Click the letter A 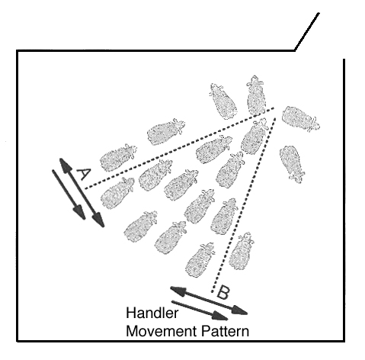coord(83,174)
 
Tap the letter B coord(223,292)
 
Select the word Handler coord(152,313)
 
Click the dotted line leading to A coord(179,149)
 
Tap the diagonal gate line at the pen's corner coord(306,31)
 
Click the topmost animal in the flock coord(256,95)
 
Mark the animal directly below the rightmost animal coord(292,163)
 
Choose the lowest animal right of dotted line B coord(241,251)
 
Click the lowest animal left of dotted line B coord(200,260)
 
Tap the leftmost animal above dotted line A coord(118,157)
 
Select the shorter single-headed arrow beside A coord(69,194)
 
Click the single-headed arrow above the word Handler coord(200,310)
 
